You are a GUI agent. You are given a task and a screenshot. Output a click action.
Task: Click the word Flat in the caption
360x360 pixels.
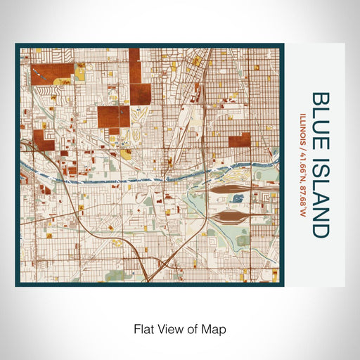(x=143, y=328)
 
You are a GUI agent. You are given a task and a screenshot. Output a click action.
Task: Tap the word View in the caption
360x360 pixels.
(x=171, y=328)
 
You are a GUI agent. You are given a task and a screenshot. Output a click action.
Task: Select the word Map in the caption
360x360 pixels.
(x=217, y=328)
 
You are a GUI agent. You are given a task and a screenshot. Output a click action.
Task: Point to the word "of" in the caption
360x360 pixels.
(x=194, y=328)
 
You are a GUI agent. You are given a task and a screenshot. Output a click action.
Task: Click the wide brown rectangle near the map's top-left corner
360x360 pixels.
(x=53, y=72)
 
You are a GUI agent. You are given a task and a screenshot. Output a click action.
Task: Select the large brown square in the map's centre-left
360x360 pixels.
(x=113, y=117)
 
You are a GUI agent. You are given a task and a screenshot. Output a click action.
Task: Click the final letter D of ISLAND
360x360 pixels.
(x=320, y=229)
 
